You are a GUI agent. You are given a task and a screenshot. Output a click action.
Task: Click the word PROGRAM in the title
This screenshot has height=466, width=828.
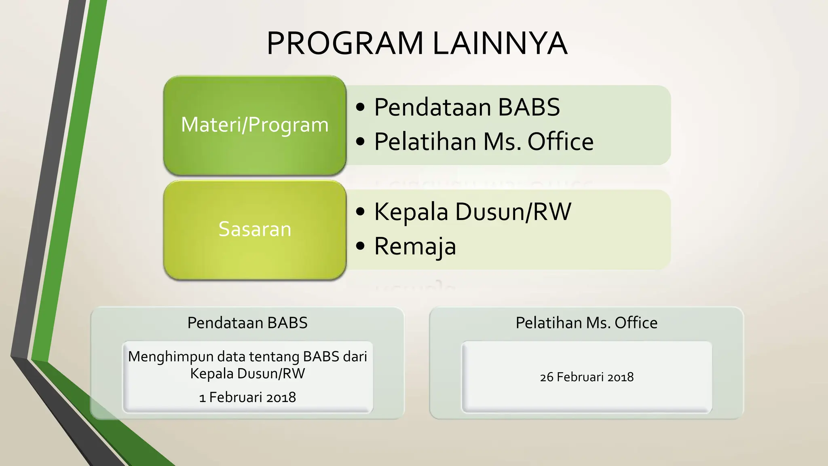(345, 44)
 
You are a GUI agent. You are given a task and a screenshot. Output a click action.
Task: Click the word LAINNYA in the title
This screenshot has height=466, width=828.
(500, 44)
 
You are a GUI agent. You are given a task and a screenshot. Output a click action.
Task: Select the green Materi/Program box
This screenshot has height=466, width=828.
(255, 125)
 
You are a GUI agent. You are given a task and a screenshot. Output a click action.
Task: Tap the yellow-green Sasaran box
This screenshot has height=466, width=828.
(255, 229)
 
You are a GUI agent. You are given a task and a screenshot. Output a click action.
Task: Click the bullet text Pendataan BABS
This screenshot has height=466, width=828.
(467, 107)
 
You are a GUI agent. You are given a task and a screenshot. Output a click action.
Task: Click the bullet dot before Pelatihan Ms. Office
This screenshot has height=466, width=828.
(361, 142)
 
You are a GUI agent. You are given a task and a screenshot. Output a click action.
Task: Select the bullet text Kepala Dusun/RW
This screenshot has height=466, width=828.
(472, 212)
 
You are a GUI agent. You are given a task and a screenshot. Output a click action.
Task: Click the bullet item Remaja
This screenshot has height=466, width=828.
(415, 246)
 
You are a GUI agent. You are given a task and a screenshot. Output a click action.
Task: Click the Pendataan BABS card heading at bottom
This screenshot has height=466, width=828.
(247, 323)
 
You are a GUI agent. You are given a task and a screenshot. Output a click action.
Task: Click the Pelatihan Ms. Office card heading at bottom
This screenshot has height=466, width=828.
(586, 323)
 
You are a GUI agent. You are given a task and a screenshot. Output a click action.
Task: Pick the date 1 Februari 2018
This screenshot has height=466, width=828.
(247, 397)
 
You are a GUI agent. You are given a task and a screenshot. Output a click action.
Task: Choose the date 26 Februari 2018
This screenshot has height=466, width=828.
(586, 377)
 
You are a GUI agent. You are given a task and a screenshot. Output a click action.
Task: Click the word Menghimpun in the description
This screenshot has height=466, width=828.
(171, 357)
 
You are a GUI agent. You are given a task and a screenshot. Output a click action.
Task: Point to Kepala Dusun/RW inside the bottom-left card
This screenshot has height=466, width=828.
(247, 373)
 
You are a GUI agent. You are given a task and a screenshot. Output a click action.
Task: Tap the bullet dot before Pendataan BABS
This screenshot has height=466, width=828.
(361, 107)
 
